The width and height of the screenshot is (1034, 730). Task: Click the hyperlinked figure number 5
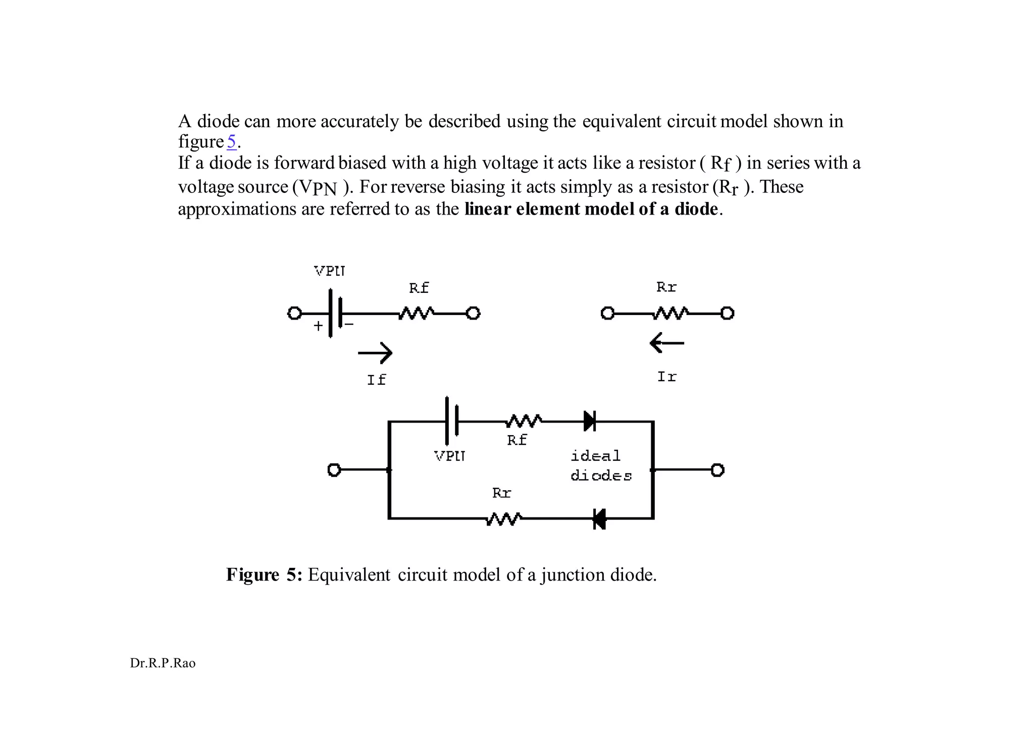tap(231, 142)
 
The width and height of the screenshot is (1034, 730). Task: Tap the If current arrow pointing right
tap(375, 353)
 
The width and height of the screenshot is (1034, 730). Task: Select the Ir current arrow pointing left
tap(666, 343)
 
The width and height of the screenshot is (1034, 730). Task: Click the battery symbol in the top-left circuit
tap(335, 313)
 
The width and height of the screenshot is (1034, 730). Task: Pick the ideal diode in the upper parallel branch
tap(590, 421)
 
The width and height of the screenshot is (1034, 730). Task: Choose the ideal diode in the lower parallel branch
tap(599, 518)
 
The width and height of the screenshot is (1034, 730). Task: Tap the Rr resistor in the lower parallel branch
tap(503, 518)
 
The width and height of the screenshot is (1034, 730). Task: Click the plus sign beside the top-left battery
tap(318, 326)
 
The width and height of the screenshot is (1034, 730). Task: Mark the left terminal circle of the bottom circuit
tap(334, 470)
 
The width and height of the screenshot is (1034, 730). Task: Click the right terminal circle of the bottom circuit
tap(717, 470)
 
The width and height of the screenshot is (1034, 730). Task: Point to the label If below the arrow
tap(376, 380)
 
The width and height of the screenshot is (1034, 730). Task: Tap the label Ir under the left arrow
tap(666, 377)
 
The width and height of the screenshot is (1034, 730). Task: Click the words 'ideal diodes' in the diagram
tap(601, 466)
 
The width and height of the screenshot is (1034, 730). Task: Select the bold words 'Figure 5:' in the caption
tap(264, 575)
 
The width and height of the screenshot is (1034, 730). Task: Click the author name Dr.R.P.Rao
tap(163, 663)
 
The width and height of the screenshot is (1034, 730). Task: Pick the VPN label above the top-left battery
tap(330, 271)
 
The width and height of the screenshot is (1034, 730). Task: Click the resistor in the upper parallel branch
tap(524, 421)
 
